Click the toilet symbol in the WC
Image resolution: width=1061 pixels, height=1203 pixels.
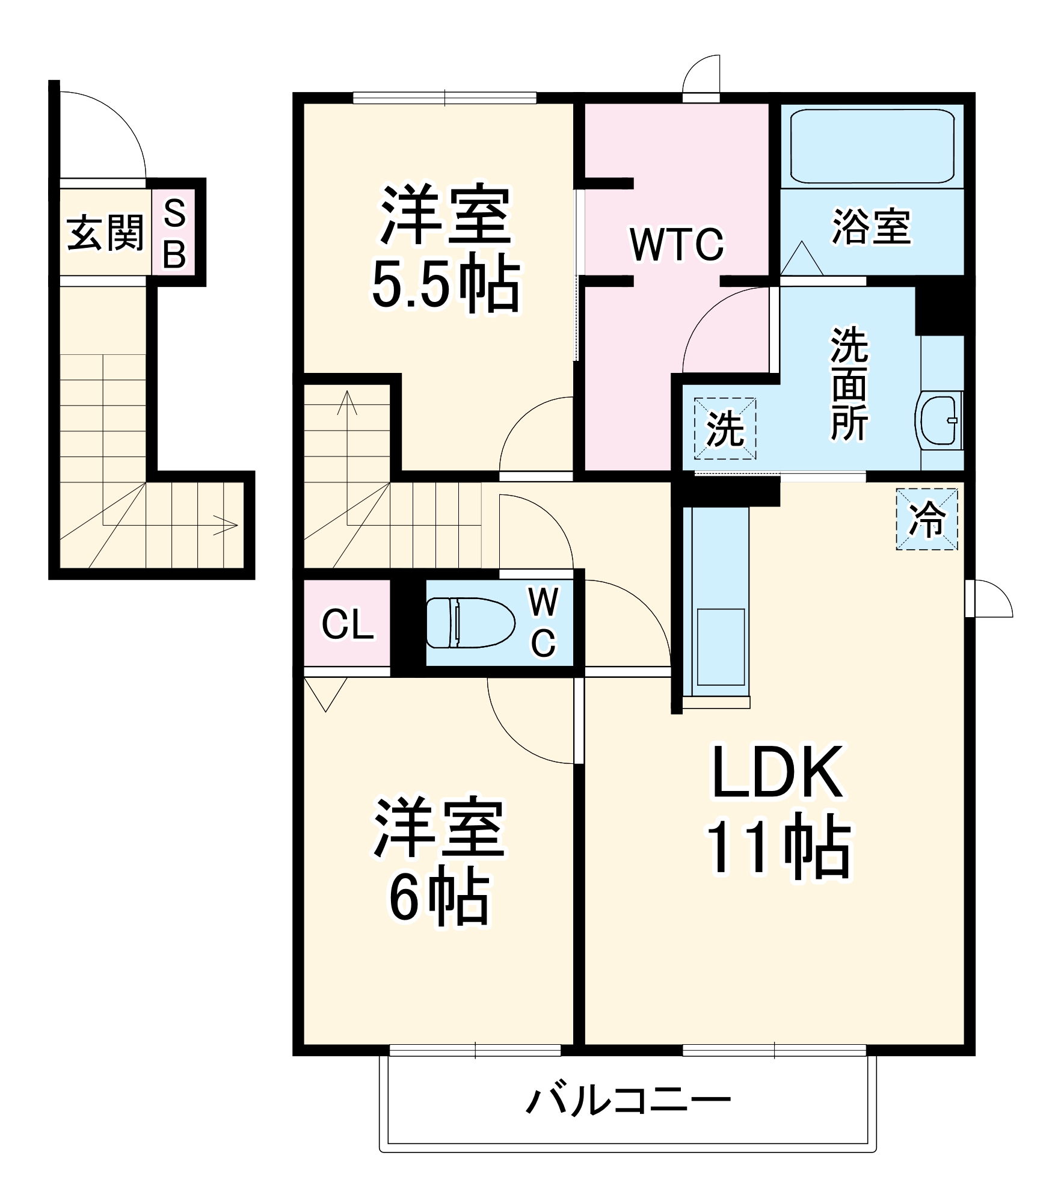pyautogui.click(x=470, y=623)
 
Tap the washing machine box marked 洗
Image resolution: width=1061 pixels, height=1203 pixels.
pyautogui.click(x=725, y=429)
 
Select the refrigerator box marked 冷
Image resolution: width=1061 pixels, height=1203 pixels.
pyautogui.click(x=927, y=519)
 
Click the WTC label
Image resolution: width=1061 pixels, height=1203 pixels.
pyautogui.click(x=677, y=245)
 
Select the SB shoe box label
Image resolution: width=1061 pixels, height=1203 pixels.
pyautogui.click(x=174, y=234)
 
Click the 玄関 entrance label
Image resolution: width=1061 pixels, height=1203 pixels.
pyautogui.click(x=105, y=233)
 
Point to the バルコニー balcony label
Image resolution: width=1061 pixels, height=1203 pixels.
pyautogui.click(x=629, y=1101)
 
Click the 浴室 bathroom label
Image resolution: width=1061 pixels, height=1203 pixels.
pyautogui.click(x=872, y=227)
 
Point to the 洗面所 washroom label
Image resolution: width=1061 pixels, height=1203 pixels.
pyautogui.click(x=849, y=384)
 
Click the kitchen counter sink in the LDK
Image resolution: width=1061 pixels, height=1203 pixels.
pyautogui.click(x=721, y=647)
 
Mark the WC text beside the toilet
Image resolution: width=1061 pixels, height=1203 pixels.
pyautogui.click(x=543, y=623)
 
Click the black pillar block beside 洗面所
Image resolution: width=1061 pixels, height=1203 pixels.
pyautogui.click(x=940, y=309)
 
